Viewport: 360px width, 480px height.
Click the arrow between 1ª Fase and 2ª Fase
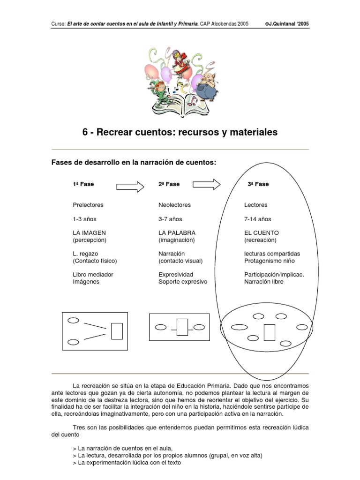[130, 186]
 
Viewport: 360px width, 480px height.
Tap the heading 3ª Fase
[258, 184]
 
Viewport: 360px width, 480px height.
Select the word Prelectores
[88, 205]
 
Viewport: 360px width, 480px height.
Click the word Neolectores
[175, 205]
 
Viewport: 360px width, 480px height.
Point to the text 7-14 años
[258, 219]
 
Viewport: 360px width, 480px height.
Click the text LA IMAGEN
[89, 232]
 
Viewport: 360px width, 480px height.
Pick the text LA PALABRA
[177, 232]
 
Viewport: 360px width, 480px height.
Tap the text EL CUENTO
[262, 232]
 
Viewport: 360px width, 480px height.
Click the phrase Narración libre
[263, 282]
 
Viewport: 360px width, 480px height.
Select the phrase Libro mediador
[93, 274]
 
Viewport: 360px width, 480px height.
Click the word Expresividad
[176, 274]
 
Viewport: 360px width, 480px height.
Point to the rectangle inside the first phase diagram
[117, 331]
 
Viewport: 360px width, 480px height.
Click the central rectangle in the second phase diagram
[182, 327]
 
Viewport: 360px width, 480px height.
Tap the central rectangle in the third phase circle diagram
[269, 332]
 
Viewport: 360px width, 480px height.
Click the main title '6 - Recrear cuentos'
[180, 133]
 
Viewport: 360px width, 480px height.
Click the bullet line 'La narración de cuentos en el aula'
[122, 448]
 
